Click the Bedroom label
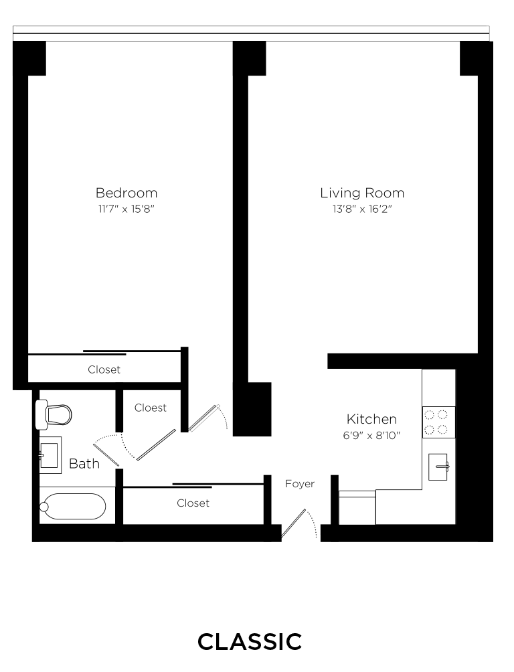pos(126,193)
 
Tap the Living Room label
pos(361,193)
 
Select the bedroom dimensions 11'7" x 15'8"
pos(126,209)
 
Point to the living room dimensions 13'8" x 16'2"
pos(361,209)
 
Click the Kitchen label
pos(371,420)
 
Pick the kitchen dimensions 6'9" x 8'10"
pos(371,434)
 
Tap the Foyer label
pos(299,484)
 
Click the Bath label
pos(84,464)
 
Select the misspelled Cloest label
pos(151,408)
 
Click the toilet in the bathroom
pos(54,414)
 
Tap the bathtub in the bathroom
pos(72,507)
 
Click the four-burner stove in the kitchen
pos(438,422)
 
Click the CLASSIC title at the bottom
pos(250,641)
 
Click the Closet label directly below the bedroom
pos(104,369)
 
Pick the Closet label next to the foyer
pos(193,503)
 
